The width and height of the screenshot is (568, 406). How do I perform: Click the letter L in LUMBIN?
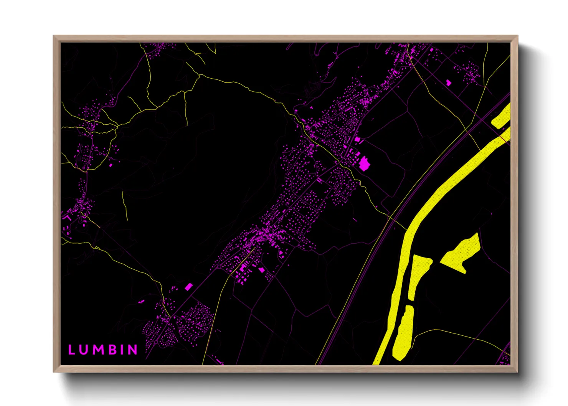coord(71,350)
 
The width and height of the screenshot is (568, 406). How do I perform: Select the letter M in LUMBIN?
coord(99,350)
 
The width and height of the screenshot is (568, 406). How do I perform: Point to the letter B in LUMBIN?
coord(113,350)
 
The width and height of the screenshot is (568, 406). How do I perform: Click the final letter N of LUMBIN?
coord(133,350)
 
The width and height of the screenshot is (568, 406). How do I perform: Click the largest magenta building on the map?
coord(363,164)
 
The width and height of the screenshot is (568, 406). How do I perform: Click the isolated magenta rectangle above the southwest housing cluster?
coord(188,287)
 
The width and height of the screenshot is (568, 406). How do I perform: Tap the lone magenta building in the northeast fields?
coord(448,82)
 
